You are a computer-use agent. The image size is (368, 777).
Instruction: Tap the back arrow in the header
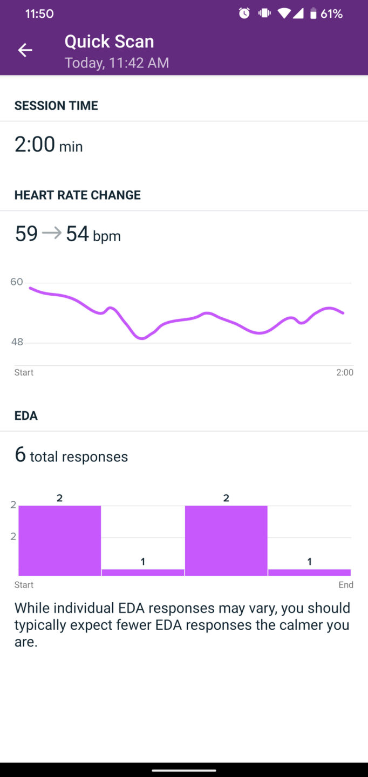[x=25, y=50]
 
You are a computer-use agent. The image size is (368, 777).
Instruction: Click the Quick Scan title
[x=109, y=42]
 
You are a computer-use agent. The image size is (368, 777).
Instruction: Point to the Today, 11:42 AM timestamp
[x=117, y=63]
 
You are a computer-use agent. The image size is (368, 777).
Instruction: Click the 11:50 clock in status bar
[x=39, y=13]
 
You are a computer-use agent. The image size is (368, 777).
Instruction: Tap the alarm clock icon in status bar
[x=244, y=13]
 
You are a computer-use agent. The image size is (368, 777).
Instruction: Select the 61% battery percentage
[x=331, y=13]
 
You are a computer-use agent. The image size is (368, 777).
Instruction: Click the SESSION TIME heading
[x=56, y=106]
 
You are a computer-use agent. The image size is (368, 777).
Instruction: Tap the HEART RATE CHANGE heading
[x=77, y=195]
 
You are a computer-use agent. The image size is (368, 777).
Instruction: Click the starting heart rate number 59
[x=26, y=234]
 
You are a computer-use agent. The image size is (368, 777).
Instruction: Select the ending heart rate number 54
[x=77, y=234]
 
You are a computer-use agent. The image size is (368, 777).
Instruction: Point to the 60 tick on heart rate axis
[x=17, y=282]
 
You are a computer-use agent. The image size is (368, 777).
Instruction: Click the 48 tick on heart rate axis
[x=17, y=342]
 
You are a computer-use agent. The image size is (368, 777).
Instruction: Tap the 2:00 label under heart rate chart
[x=345, y=372]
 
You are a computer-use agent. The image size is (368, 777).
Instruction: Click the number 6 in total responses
[x=21, y=455]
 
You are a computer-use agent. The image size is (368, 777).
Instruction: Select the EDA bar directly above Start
[x=59, y=540]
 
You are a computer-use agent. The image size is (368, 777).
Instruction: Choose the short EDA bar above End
[x=309, y=572]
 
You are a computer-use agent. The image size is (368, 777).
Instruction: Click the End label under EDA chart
[x=346, y=585]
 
